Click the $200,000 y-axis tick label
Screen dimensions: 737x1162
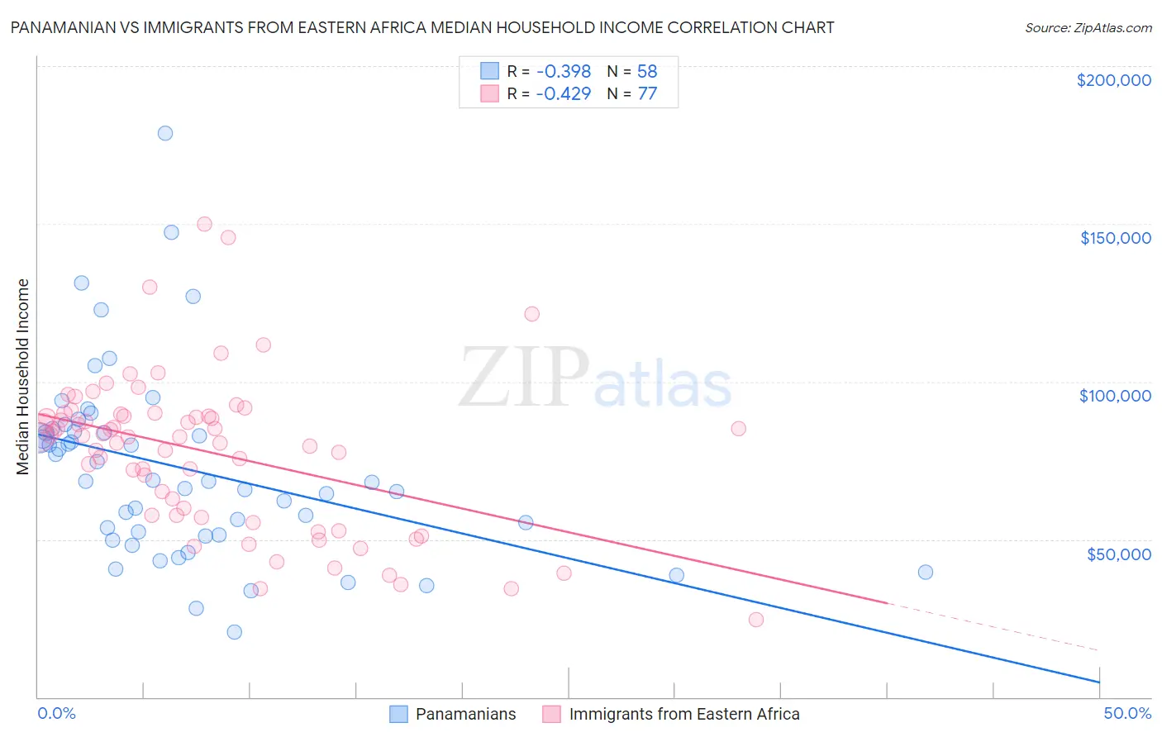pyautogui.click(x=1113, y=80)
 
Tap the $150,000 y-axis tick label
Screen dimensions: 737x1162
pyautogui.click(x=1115, y=238)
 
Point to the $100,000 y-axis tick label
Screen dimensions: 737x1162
pyautogui.click(x=1115, y=396)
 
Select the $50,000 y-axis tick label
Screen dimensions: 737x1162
pyautogui.click(x=1118, y=554)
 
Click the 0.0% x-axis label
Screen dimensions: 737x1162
pyautogui.click(x=56, y=713)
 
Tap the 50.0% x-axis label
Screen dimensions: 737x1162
pyautogui.click(x=1126, y=713)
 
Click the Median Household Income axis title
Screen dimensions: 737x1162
pyautogui.click(x=22, y=377)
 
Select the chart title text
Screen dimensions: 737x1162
pyautogui.click(x=421, y=27)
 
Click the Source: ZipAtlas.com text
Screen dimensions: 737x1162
pyautogui.click(x=1088, y=27)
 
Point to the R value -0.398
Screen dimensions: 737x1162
pyautogui.click(x=563, y=71)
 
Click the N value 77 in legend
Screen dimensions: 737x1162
pyautogui.click(x=647, y=93)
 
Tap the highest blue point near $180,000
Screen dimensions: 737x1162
pyautogui.click(x=165, y=133)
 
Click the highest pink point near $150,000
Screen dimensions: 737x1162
pyautogui.click(x=204, y=224)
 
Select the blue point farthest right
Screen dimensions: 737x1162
pyautogui.click(x=925, y=573)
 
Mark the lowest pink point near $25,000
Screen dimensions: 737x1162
pyautogui.click(x=755, y=620)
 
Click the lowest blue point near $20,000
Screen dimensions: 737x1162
pyautogui.click(x=235, y=632)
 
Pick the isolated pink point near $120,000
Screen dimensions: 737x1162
pyautogui.click(x=531, y=314)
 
